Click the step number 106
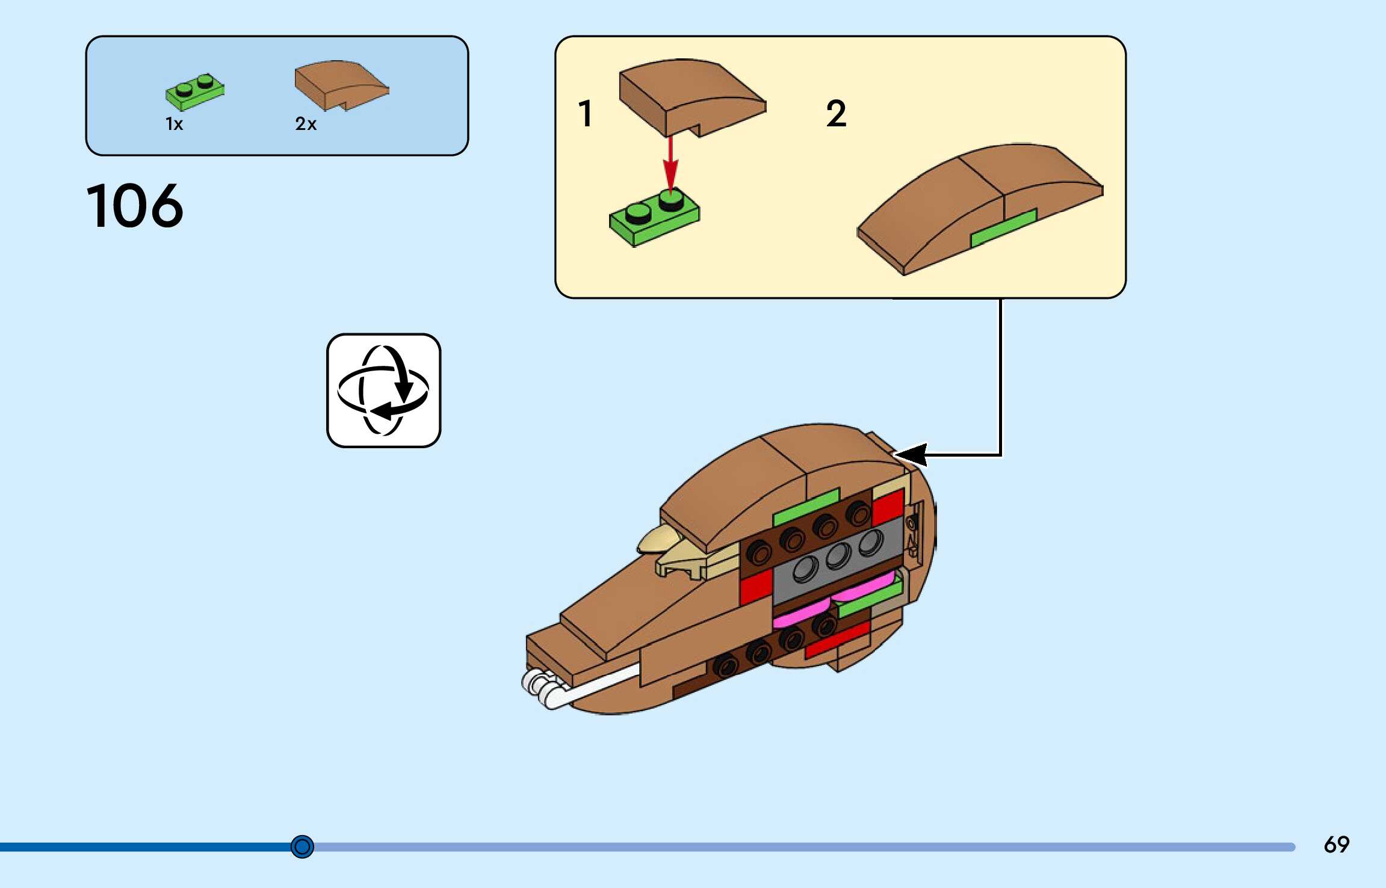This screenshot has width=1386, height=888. [135, 206]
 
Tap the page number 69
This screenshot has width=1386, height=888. [1336, 845]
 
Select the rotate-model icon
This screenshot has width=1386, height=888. [384, 390]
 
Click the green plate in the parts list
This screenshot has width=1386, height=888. [194, 92]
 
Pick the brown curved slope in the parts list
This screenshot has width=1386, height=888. [341, 84]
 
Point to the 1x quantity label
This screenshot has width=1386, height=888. [174, 124]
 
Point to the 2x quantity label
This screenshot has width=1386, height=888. [306, 124]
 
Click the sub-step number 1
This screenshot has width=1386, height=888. [585, 114]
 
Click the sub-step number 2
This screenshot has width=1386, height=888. [836, 114]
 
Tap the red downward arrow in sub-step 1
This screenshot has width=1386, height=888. [670, 162]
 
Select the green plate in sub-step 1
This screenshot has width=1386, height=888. [654, 218]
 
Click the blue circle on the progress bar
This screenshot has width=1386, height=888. [302, 846]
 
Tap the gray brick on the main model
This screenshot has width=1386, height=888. [837, 563]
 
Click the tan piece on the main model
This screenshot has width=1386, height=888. [680, 553]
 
